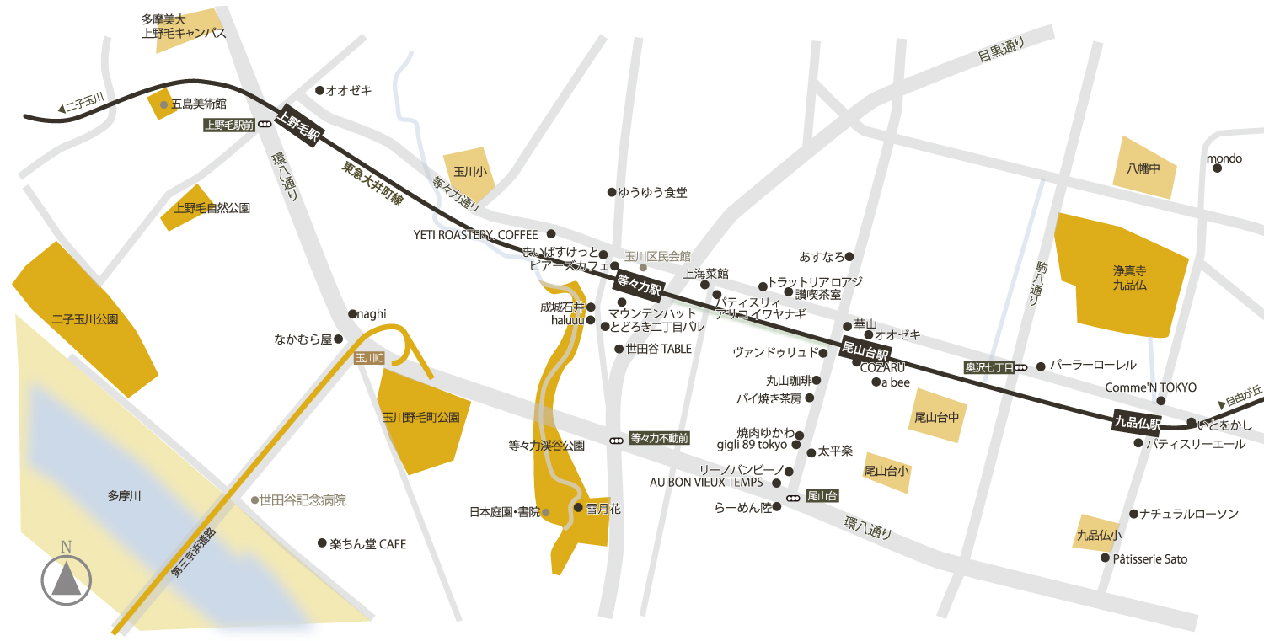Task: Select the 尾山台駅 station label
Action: [865, 349]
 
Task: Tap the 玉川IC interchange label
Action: [369, 358]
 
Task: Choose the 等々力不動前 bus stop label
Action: [660, 438]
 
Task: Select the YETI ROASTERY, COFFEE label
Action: [475, 234]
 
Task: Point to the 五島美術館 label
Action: [198, 104]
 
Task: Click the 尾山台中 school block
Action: [937, 416]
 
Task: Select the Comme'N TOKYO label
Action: [1150, 387]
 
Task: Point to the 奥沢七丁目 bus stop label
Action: [989, 367]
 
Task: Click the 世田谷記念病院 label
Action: [303, 500]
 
